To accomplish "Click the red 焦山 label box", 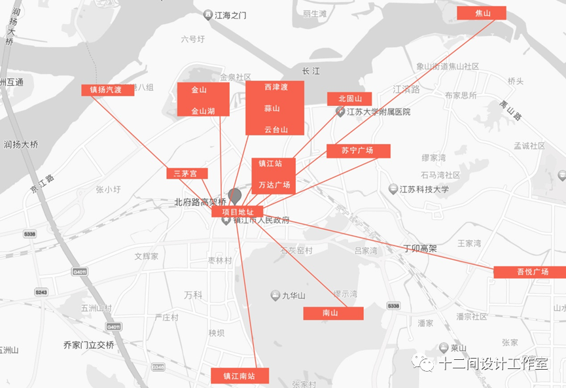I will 482,13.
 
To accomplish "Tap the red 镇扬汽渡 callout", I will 107,90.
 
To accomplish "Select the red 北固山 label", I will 349,99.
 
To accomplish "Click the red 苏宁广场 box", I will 358,151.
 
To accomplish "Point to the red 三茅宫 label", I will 186,173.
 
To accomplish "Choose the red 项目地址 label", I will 237,212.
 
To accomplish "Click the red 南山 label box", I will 332,313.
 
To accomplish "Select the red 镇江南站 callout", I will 239,376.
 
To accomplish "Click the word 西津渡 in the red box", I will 275,87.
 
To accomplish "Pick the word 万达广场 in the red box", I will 274,185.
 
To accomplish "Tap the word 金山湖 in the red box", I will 203,111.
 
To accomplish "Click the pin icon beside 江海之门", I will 208,14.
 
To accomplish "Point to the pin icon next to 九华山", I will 275,296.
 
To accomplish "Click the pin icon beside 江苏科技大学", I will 393,190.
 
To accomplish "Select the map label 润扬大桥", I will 20,145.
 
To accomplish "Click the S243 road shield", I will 41,292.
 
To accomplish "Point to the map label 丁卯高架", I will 419,249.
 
